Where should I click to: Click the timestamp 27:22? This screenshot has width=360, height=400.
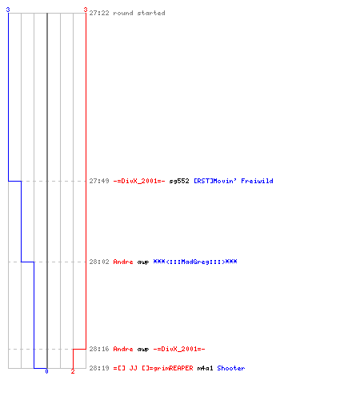tap(99, 13)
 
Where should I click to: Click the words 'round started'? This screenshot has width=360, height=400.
tap(139, 13)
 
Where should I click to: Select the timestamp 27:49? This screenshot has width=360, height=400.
tap(99, 181)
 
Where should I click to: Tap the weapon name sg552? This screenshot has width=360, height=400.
tap(179, 181)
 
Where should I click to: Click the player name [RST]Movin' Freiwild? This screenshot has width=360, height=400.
tap(234, 181)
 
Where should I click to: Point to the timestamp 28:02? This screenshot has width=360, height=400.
tap(99, 262)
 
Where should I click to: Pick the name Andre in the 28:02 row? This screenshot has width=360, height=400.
tap(123, 262)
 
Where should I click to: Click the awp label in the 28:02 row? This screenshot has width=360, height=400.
tap(143, 262)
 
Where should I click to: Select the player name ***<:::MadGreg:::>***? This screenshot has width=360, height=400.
tap(195, 262)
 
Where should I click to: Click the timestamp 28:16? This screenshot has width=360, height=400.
tap(99, 349)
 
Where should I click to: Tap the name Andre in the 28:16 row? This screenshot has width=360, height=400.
tap(123, 349)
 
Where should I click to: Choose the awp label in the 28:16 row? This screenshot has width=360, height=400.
tap(143, 350)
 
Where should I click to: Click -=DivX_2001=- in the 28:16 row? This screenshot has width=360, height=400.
tap(179, 349)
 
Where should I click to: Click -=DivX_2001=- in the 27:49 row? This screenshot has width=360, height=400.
tap(139, 181)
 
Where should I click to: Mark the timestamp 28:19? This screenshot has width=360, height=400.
tap(99, 368)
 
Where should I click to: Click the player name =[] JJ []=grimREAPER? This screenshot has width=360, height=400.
tap(154, 368)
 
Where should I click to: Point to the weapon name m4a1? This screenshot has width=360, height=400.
tap(206, 368)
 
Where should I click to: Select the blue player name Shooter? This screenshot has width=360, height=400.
tap(231, 368)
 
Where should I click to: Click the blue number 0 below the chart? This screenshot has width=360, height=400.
tap(46, 371)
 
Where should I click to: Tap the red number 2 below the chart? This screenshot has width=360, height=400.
tap(73, 371)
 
